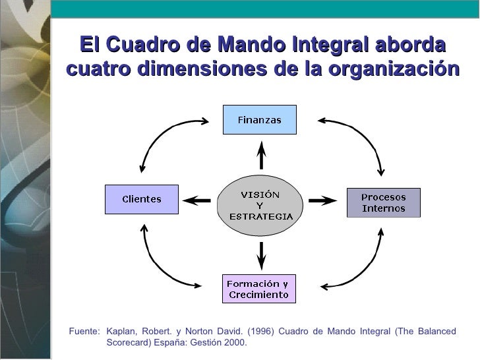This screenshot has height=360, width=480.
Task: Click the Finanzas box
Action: [x=259, y=120]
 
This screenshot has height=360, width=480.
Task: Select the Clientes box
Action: [x=142, y=199]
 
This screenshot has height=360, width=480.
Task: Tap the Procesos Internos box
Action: [x=383, y=203]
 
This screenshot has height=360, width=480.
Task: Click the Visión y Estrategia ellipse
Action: [x=260, y=206]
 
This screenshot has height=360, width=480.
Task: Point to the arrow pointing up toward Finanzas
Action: [x=261, y=156]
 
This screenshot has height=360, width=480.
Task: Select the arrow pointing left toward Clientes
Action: [x=196, y=199]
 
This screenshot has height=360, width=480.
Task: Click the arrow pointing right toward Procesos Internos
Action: [x=323, y=199]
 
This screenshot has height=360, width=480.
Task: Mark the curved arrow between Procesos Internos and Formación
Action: [x=359, y=264]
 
